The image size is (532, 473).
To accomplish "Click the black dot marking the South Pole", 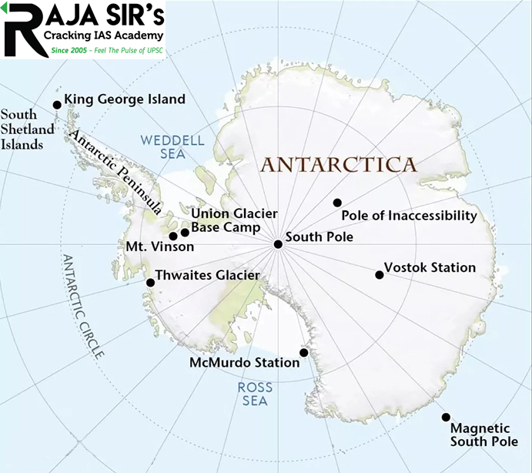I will click(x=277, y=244).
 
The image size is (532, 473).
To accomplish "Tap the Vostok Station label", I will click(x=430, y=268).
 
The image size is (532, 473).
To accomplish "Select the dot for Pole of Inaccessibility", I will click(x=337, y=203).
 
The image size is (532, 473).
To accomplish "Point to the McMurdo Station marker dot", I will click(x=304, y=353).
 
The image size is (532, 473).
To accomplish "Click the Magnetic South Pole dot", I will click(x=446, y=417).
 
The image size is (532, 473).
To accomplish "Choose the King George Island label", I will click(x=125, y=99).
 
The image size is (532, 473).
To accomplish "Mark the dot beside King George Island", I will click(x=56, y=105).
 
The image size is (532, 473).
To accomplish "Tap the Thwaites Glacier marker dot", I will click(x=150, y=283).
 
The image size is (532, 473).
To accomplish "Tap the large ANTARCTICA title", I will click(x=339, y=164).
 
